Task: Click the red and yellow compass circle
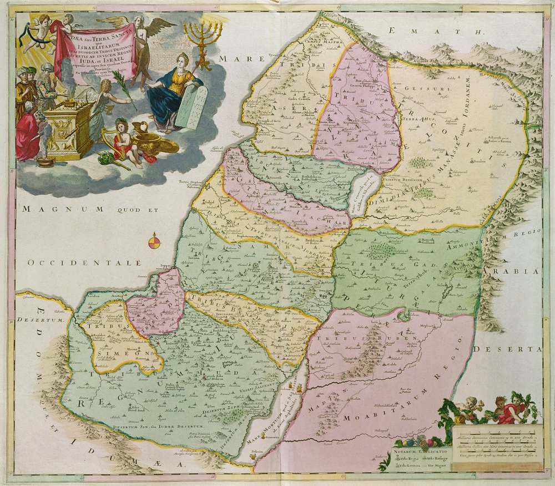pyautogui.click(x=155, y=242)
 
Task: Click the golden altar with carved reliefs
pyautogui.click(x=68, y=130)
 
